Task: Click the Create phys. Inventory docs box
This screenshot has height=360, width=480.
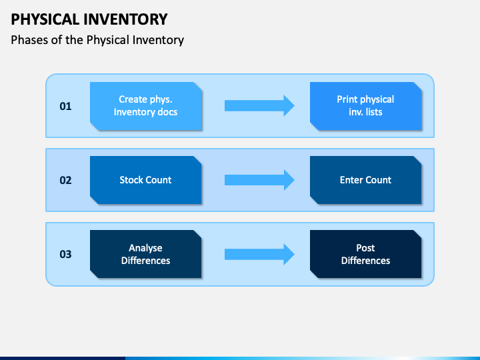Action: tap(146, 106)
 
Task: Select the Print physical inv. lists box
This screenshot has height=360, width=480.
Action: tap(365, 106)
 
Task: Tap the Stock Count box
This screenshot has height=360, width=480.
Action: tap(146, 180)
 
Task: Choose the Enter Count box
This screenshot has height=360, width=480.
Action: tap(365, 180)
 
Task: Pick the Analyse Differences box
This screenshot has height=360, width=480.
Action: tap(146, 254)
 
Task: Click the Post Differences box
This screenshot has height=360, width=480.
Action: tap(365, 254)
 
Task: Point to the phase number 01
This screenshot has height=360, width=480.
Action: tap(65, 107)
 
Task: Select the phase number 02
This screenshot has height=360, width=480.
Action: tap(65, 180)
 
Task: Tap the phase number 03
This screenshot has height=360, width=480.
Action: tap(65, 255)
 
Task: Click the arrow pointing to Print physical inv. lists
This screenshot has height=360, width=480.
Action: tap(259, 105)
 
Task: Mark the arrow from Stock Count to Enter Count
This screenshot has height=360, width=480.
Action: tap(259, 180)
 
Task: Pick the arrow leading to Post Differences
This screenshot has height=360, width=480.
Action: tap(259, 254)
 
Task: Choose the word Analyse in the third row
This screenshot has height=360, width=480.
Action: tap(146, 248)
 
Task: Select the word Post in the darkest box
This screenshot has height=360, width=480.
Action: tap(365, 248)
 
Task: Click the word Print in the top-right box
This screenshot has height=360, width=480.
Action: tap(347, 99)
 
